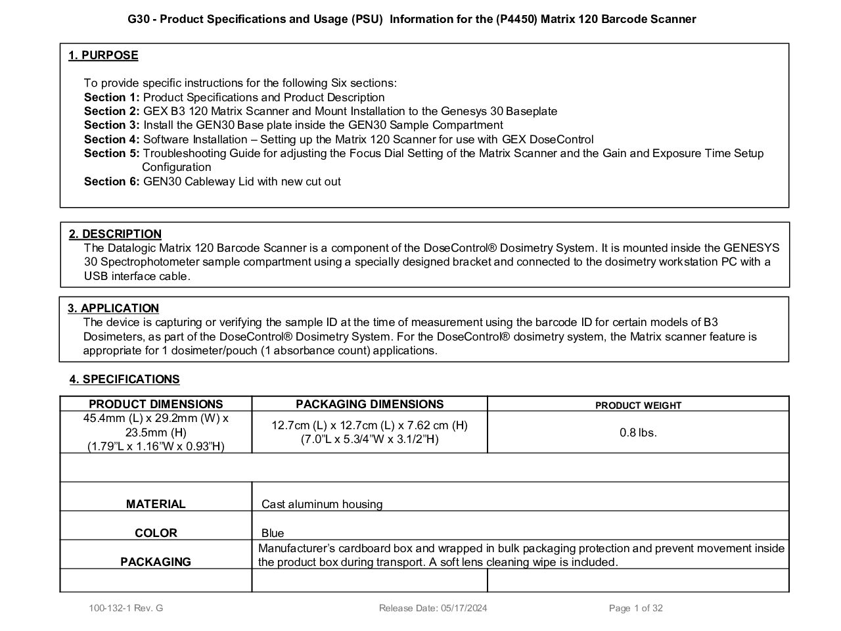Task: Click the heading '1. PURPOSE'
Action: pos(103,55)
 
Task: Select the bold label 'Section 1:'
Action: pos(112,97)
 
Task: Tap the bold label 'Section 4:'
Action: pos(112,139)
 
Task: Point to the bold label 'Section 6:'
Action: pos(112,181)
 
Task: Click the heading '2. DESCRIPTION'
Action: pos(115,234)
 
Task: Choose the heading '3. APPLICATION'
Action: pos(113,308)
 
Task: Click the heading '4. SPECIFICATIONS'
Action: pos(124,379)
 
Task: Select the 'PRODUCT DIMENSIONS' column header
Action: pos(156,404)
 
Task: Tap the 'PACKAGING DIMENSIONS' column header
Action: pos(369,404)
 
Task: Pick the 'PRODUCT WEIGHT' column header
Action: pos(638,406)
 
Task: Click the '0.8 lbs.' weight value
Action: pos(638,432)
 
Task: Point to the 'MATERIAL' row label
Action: pos(156,504)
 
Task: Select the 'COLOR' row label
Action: pos(156,533)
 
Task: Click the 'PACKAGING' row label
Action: pos(156,562)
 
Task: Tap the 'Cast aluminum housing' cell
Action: pos(322,504)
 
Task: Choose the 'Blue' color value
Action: pos(273,533)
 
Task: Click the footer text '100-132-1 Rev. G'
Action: pos(126,608)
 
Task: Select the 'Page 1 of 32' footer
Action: pos(635,608)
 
